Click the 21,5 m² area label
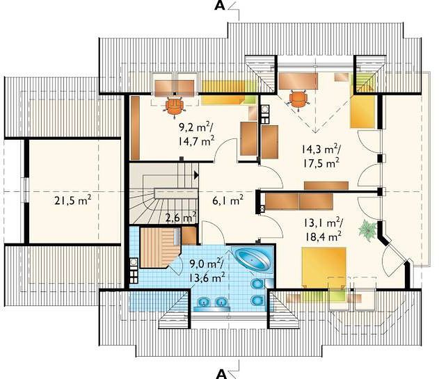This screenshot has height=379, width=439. pyautogui.click(x=72, y=200)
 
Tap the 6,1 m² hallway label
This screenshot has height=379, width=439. pyautogui.click(x=228, y=200)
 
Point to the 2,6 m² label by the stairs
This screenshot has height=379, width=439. pyautogui.click(x=180, y=218)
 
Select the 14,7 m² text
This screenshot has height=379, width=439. pyautogui.click(x=196, y=140)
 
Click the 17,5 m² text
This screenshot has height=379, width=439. pyautogui.click(x=321, y=162)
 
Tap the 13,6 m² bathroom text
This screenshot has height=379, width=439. pyautogui.click(x=207, y=277)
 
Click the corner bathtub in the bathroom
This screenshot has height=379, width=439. pyautogui.click(x=253, y=260)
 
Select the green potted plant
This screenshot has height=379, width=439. pyautogui.click(x=367, y=230)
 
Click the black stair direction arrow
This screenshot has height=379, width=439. pyautogui.click(x=196, y=175)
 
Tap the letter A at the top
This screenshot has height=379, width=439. pyautogui.click(x=220, y=6)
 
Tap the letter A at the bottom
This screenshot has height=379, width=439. pyautogui.click(x=221, y=373)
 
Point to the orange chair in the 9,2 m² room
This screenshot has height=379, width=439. pyautogui.click(x=174, y=106)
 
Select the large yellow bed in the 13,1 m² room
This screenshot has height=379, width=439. pyautogui.click(x=324, y=267)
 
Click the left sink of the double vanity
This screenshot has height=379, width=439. pyautogui.click(x=204, y=302)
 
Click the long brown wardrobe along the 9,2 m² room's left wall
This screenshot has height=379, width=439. pyautogui.click(x=135, y=128)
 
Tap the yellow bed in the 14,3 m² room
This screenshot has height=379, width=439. pyautogui.click(x=362, y=111)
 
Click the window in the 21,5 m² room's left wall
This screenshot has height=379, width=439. pyautogui.click(x=26, y=191)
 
